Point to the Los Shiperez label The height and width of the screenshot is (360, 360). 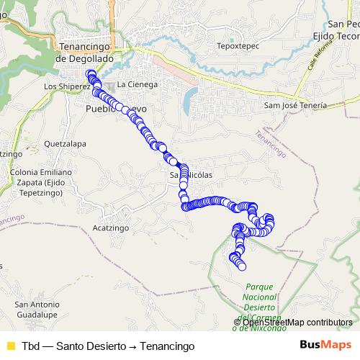tap(66, 86)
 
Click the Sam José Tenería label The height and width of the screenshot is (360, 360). tap(295, 105)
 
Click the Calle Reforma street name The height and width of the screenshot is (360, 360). tap(320, 55)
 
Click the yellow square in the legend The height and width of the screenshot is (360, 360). tap(10, 346)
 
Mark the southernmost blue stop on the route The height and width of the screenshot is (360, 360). tap(242, 266)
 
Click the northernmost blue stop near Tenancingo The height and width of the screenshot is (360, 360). tap(90, 74)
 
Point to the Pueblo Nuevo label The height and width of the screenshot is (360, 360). tap(115, 109)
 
